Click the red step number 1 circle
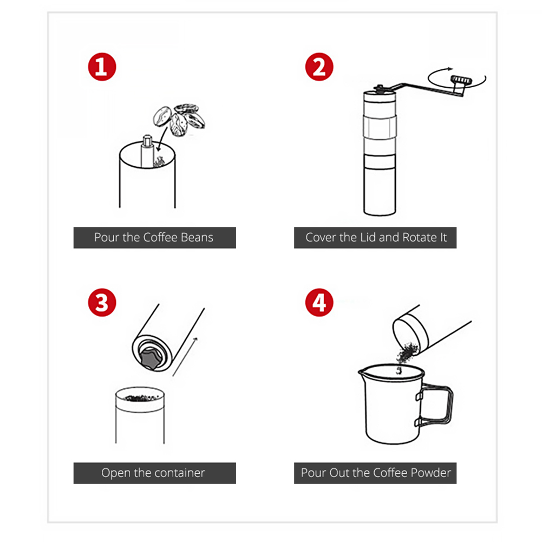102,67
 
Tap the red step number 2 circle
319,67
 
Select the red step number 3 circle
102,303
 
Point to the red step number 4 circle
319,303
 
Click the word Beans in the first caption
197,238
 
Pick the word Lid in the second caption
368,238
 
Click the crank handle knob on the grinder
461,81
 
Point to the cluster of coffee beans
179,119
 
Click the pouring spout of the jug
362,373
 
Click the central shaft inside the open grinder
147,152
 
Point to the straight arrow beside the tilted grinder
185,357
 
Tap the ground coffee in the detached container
140,398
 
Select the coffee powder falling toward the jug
405,356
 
